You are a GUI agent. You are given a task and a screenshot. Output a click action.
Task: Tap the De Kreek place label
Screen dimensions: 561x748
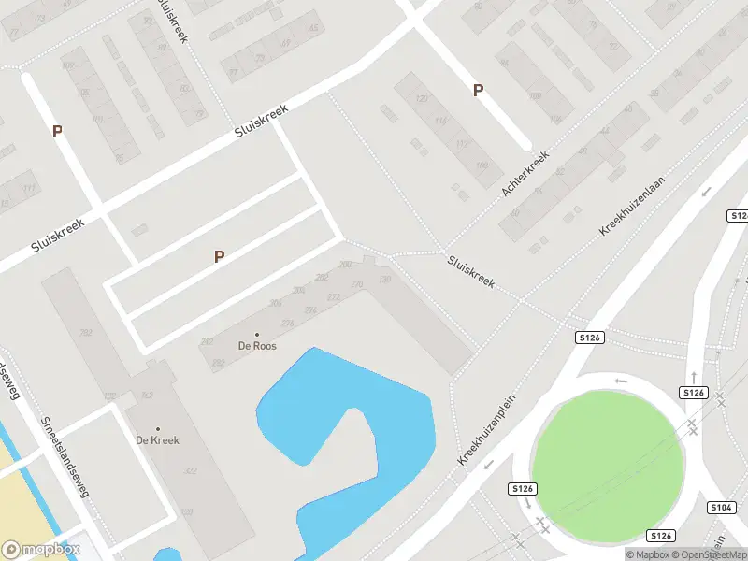(x=157, y=440)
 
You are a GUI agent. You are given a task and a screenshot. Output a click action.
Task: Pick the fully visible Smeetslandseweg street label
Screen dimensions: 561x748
(x=65, y=456)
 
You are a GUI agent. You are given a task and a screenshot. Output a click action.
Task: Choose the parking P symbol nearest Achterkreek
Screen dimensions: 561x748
(x=478, y=91)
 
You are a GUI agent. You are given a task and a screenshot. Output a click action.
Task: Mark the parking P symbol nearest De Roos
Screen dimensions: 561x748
(x=219, y=256)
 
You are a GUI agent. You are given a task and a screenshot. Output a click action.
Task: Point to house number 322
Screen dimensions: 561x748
(x=191, y=470)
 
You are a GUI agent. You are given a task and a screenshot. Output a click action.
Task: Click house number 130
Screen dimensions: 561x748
(x=383, y=280)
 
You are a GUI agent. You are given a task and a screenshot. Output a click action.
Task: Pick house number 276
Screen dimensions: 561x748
(x=288, y=323)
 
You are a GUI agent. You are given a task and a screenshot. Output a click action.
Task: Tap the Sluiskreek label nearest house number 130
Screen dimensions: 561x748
(x=470, y=271)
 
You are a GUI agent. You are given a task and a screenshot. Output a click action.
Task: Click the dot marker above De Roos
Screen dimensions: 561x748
(x=257, y=335)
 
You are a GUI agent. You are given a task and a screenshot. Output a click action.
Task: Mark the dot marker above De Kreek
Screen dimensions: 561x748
(x=157, y=429)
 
